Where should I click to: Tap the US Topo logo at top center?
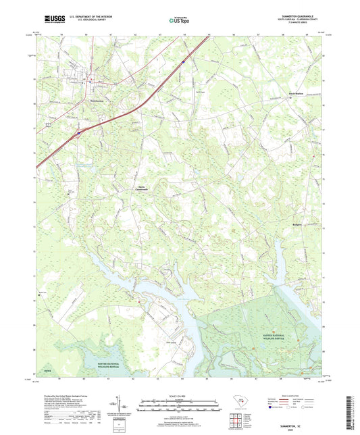179,21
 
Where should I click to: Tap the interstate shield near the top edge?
182,61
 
